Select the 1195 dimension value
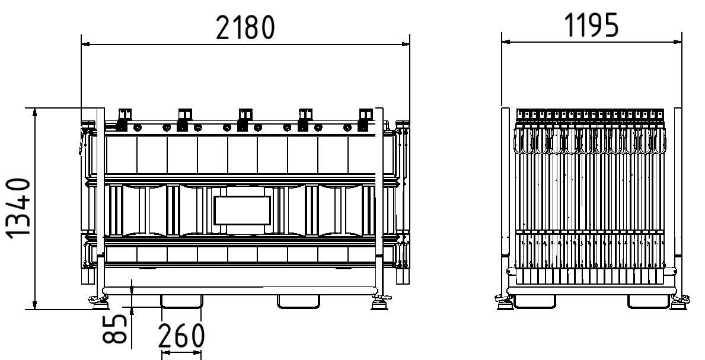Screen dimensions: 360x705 pos(591,26)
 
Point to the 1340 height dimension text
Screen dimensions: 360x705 pos(20,208)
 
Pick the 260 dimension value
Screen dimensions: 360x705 pos(181,336)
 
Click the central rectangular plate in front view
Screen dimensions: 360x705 pos(242,211)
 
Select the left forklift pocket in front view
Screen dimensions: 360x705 pos(181,302)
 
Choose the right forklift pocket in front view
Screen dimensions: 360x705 pos(298,302)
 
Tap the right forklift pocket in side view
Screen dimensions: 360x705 pos(648,302)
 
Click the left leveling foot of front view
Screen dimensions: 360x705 pos(98,304)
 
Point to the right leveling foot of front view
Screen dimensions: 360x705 pos(378,304)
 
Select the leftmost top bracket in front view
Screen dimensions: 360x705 pos(124,118)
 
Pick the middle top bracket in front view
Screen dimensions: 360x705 pos(244,118)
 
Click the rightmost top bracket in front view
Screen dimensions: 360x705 pos(365,118)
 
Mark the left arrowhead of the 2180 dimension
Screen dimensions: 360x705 pos(85,44)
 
